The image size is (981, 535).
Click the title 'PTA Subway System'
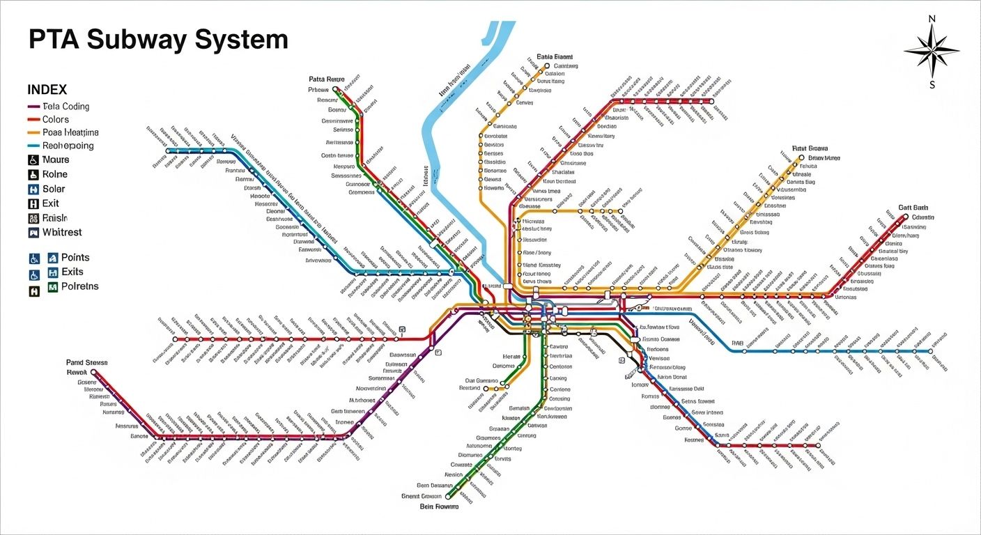click(158, 40)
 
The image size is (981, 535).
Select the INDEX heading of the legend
click(47, 90)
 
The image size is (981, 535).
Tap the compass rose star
click(932, 51)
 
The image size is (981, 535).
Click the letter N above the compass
click(932, 19)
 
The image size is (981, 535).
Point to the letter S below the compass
click(932, 85)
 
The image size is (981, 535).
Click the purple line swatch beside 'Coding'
click(33, 107)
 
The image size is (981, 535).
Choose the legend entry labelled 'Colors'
click(56, 120)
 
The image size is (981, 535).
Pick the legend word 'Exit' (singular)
click(51, 203)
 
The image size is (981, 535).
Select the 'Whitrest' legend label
click(62, 232)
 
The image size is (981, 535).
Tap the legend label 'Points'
click(75, 258)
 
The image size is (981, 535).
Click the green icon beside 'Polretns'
click(53, 287)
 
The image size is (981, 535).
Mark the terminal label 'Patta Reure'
click(326, 79)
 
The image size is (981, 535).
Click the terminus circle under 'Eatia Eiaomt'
click(547, 66)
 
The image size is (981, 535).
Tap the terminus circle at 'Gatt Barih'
click(905, 217)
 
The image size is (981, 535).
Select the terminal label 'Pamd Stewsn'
click(87, 362)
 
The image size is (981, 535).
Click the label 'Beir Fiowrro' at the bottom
click(438, 507)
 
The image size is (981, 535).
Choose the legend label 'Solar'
click(54, 189)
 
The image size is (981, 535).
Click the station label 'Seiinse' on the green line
click(343, 130)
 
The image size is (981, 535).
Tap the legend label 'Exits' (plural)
click(72, 272)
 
